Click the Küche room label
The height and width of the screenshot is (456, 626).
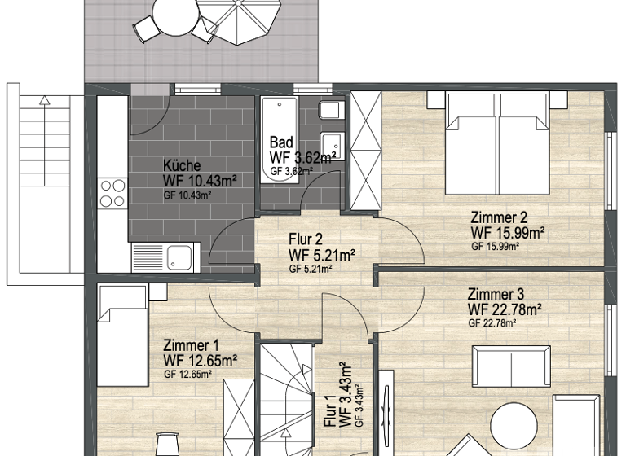point(181,166)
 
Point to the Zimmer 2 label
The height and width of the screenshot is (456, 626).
point(499,217)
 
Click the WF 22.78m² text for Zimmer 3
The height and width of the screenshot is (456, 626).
point(505,309)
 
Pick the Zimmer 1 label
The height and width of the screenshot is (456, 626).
point(190,344)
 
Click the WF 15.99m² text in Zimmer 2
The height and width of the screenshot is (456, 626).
point(507,232)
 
